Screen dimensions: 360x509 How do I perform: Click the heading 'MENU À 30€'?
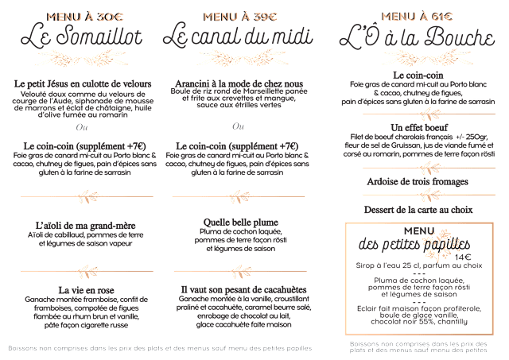point(80,17)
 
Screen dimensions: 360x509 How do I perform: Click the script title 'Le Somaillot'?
point(80,36)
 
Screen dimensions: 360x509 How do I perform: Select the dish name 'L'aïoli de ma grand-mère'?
point(80,226)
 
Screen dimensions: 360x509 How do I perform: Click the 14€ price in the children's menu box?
point(464,256)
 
